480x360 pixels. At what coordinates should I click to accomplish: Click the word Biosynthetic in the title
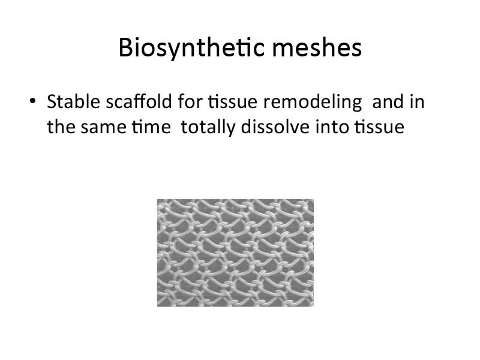pos(191,48)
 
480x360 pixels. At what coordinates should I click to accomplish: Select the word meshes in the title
pos(317,47)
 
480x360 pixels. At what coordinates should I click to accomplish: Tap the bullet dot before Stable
pos(32,101)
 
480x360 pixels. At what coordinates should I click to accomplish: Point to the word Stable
pos(73,101)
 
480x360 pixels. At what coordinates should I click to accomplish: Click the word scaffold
pos(139,101)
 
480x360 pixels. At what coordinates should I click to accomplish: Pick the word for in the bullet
pos(190,101)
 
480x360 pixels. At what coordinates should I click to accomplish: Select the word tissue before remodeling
pos(233,101)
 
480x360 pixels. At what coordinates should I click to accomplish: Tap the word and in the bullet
pos(388,101)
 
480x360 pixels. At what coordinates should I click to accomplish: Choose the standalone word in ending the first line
pos(417,101)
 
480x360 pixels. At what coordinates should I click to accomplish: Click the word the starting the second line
pos(61,127)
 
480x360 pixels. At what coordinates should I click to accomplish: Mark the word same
pos(103,128)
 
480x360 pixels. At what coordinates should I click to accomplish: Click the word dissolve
pos(275,127)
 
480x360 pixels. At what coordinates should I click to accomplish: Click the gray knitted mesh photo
pos(235,253)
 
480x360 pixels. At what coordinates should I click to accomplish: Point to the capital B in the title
pos(126,47)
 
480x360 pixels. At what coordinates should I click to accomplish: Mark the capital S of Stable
pos(52,101)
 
